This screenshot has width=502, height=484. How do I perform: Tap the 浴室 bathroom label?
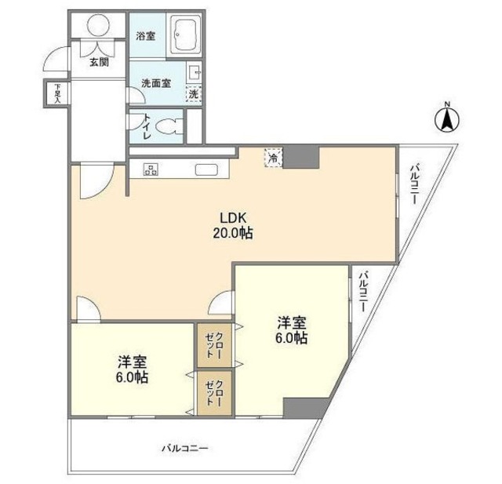click(x=145, y=36)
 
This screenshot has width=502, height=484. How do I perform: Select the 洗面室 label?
click(x=155, y=82)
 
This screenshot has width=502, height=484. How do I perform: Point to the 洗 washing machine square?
click(x=194, y=94)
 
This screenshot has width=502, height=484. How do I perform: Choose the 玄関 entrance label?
click(x=98, y=62)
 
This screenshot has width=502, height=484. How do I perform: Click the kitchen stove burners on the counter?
click(x=151, y=168)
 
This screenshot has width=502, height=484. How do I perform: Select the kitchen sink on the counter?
click(x=207, y=169)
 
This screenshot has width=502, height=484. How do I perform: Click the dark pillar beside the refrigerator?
click(x=301, y=157)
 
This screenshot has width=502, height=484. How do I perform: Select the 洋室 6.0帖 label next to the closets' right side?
click(x=291, y=330)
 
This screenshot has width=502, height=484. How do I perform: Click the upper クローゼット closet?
click(x=211, y=343)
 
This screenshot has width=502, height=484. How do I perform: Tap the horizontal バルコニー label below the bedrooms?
click(x=185, y=448)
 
